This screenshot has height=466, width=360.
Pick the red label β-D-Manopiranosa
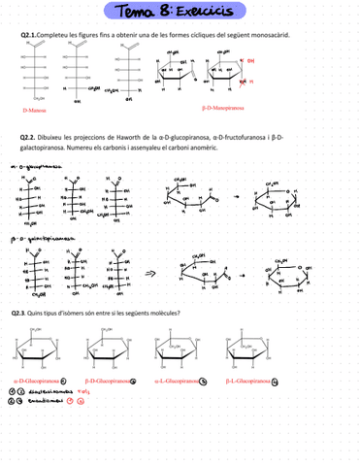(222, 109)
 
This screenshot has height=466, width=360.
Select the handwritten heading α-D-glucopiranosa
(29, 166)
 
